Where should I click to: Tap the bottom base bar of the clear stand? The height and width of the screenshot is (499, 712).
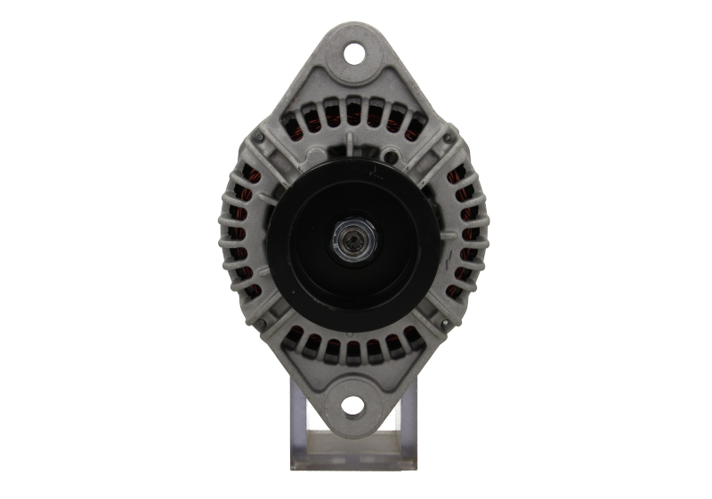pyautogui.click(x=356, y=463)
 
